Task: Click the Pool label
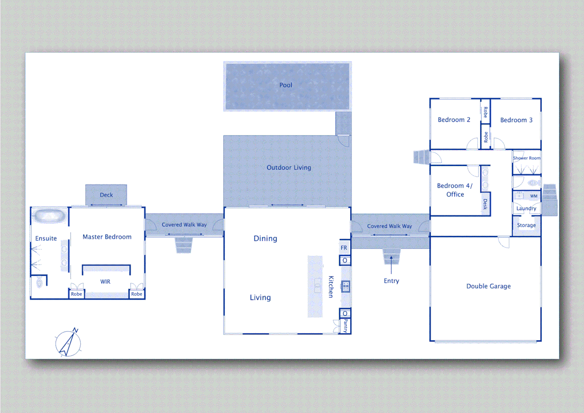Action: [286, 85]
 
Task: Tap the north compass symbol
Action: [68, 342]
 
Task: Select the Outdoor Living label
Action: [289, 167]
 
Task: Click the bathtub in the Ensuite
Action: [49, 216]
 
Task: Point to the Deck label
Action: [106, 195]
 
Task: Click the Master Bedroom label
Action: [107, 237]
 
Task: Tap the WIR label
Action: [105, 282]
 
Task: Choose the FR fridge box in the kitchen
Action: [344, 248]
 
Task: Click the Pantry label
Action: [346, 326]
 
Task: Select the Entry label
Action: [391, 281]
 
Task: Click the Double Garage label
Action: [488, 286]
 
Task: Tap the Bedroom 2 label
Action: [454, 120]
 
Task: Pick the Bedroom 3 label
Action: [516, 120]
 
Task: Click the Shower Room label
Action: [527, 158]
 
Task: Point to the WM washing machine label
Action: [534, 196]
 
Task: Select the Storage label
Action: [526, 225]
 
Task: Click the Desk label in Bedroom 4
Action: [485, 204]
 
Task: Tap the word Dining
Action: [265, 239]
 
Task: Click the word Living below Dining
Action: [260, 298]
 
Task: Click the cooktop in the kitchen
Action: [346, 286]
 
